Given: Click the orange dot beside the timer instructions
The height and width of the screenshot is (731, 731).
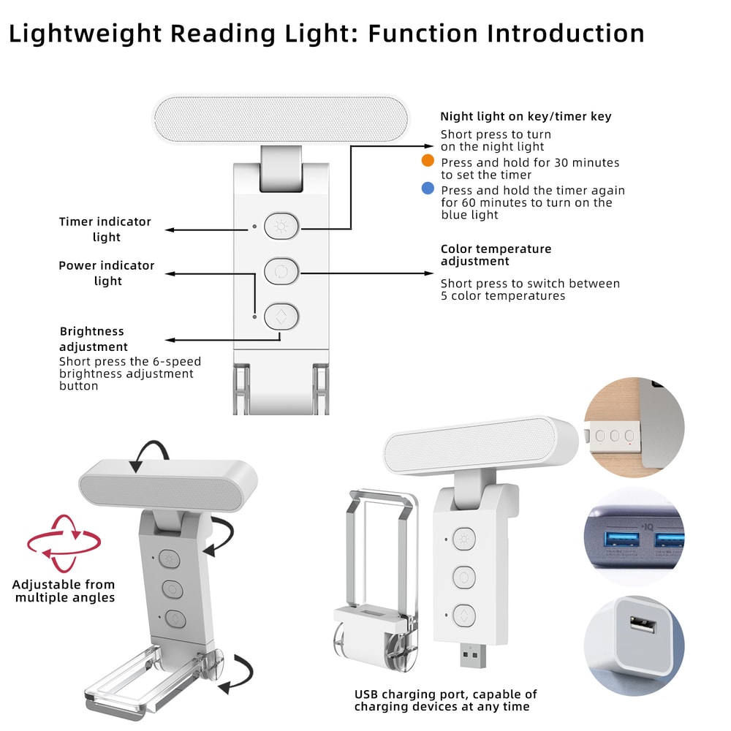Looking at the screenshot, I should (x=428, y=162).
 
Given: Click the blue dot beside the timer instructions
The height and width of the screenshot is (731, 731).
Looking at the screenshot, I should (x=428, y=189).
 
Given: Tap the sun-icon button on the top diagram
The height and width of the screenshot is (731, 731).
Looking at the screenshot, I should (x=281, y=226).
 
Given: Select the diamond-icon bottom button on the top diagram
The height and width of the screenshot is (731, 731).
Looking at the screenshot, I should (x=281, y=316).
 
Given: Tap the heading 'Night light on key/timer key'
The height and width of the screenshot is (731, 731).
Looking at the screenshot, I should (x=526, y=116).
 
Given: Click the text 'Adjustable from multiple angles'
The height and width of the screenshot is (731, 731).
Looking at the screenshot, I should (x=64, y=591).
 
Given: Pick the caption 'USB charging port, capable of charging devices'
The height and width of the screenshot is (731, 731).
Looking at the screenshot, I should (x=445, y=700).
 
